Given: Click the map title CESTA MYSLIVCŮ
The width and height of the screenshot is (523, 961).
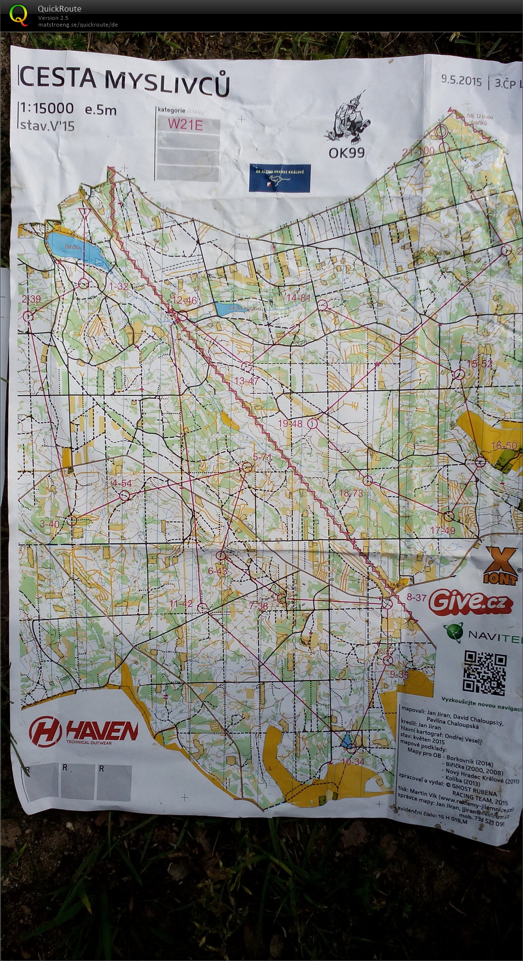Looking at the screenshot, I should (124, 81).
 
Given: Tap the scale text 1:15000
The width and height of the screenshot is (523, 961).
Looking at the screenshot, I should (47, 108).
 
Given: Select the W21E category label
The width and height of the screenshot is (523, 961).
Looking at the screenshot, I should (185, 125).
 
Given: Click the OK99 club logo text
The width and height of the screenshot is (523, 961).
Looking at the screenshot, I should (346, 153).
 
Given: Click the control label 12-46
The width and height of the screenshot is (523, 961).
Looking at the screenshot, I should (184, 301).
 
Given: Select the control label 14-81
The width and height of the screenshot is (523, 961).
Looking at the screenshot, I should (298, 298).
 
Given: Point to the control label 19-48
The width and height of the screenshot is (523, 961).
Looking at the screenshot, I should (290, 424).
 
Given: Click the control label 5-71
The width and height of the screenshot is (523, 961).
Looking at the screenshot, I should (262, 458).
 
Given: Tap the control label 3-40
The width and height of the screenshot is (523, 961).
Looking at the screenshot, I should (49, 524).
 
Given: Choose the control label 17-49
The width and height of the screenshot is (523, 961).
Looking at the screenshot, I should (443, 531).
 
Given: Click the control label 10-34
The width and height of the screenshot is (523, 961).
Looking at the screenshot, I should (352, 761).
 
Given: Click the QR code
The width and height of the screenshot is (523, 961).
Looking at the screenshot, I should (484, 672).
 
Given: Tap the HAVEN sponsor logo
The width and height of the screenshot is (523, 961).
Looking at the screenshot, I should (84, 731).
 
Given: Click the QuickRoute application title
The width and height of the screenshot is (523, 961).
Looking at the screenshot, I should (59, 9).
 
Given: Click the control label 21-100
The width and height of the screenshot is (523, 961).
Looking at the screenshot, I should (418, 151).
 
